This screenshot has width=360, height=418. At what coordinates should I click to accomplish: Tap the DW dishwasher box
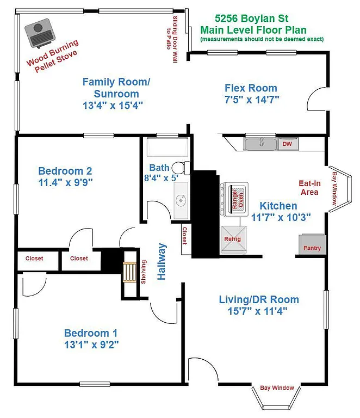point(287,144)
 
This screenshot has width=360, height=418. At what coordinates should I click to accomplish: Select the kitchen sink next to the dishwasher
point(260,144)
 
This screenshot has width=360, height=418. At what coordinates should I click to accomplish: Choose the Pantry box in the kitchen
point(312,244)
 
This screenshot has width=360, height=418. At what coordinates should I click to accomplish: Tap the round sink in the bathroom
point(180,199)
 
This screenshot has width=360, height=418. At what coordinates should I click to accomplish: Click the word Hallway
point(162,262)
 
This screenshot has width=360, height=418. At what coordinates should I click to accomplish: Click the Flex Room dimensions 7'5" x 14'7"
point(251,100)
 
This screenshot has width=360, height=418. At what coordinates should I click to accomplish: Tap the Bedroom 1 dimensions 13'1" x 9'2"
point(91,344)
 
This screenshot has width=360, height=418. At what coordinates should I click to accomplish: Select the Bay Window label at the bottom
point(276,388)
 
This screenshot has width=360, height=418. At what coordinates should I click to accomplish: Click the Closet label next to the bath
point(184,236)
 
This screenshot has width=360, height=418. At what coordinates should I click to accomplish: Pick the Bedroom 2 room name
point(61,171)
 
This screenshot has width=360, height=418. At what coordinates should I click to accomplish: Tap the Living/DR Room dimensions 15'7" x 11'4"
point(259,311)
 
